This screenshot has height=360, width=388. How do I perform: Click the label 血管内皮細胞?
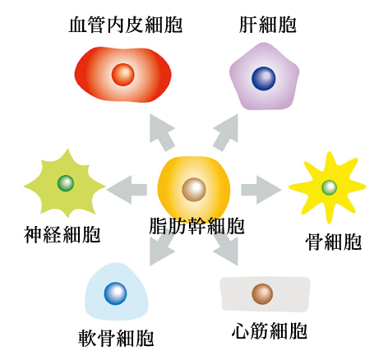126,25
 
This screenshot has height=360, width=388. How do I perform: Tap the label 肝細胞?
268,25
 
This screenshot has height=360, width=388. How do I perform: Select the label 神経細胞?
62,234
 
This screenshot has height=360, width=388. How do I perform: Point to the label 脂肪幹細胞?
196,226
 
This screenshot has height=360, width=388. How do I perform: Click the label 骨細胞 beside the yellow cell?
334,242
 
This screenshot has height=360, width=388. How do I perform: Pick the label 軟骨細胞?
116,338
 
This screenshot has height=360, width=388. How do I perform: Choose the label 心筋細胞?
270,330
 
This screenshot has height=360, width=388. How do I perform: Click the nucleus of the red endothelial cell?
123,75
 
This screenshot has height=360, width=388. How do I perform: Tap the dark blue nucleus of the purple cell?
264,78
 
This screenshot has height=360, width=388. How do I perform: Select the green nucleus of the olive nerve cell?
66,183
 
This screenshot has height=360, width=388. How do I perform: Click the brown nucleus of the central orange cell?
194,190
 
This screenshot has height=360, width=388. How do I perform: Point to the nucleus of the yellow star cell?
329,187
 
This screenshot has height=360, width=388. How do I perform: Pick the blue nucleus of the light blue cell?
115,293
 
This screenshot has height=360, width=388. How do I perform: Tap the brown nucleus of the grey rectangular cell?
262,294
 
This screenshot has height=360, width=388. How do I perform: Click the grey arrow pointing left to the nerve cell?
127,190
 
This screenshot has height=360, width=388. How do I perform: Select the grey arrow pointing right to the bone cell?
261,190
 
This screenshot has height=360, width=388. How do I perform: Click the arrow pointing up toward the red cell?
162,132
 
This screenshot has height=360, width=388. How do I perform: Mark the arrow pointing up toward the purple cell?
225,132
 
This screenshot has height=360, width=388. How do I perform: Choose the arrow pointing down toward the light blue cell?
162,247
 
